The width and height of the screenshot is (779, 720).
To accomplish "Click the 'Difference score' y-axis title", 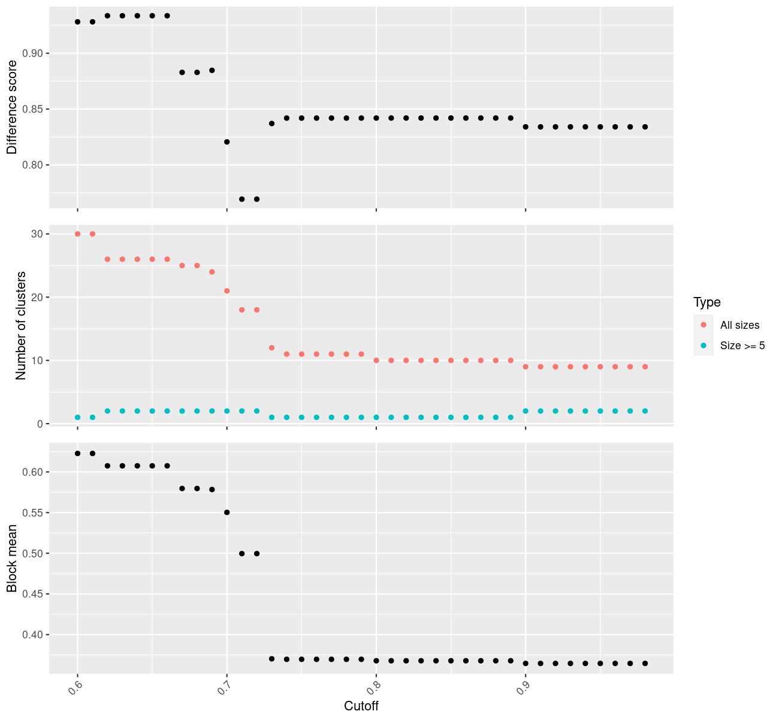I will [12, 107].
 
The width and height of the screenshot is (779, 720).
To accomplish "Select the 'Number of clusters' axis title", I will [21, 326].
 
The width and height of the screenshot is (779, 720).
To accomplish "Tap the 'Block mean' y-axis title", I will [12, 559].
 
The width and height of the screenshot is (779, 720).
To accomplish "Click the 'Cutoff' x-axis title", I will [361, 706].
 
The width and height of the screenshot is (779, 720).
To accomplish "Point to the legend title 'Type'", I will [706, 302].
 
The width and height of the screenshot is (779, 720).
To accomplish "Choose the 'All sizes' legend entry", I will [739, 325].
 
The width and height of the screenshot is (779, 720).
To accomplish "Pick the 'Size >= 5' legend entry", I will [742, 346].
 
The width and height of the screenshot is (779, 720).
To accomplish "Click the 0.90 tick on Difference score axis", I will [32, 53].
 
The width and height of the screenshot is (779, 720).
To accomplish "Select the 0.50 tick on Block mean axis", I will [32, 553].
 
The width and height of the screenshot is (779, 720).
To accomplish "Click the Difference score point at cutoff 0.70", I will [227, 142].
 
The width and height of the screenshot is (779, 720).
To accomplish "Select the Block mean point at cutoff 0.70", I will [227, 512].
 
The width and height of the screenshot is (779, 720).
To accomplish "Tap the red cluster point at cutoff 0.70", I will [227, 291].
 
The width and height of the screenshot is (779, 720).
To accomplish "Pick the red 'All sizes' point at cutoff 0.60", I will [77, 234].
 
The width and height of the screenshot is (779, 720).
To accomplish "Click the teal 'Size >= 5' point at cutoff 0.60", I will [77, 417].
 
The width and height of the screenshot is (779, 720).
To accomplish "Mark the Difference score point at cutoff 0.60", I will [77, 22].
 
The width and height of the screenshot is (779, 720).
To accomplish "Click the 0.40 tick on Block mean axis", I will [32, 635].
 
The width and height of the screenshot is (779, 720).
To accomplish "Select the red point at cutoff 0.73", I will [271, 348].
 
